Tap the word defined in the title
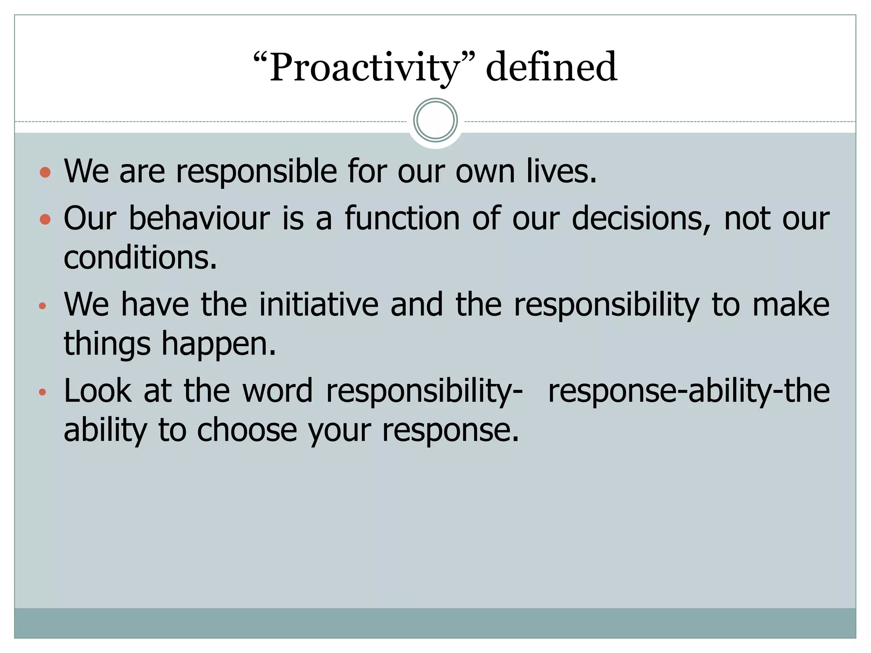(x=551, y=67)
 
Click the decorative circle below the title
(x=435, y=120)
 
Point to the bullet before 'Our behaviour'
(x=45, y=219)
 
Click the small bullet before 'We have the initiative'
(x=42, y=306)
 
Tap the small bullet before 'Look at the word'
(x=42, y=392)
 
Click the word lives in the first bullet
(x=561, y=171)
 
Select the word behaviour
(x=199, y=219)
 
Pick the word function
(x=402, y=219)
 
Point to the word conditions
(x=140, y=258)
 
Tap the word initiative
(x=319, y=304)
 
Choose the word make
(x=791, y=304)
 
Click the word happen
(x=219, y=344)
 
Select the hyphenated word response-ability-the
(x=689, y=391)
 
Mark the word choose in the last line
(x=247, y=431)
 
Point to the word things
(x=107, y=344)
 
